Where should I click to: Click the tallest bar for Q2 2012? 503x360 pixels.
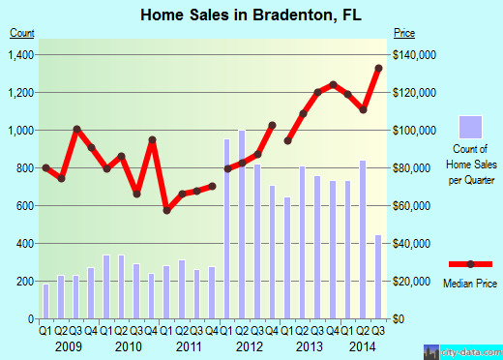pos(242,224)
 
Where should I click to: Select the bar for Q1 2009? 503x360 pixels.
pos(45,301)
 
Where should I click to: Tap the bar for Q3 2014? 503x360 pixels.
pos(377,277)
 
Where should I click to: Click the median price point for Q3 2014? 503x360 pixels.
pos(378,68)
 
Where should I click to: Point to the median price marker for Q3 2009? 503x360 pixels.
pos(76,129)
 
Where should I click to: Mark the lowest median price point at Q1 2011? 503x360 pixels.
pos(166,210)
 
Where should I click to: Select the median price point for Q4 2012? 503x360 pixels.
pos(273,125)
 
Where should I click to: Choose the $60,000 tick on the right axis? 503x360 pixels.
pos(413,205)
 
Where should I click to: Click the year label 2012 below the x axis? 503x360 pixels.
pos(250,346)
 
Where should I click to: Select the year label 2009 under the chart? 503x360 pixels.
pos(68,346)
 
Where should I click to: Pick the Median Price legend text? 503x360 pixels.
pos(469,284)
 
